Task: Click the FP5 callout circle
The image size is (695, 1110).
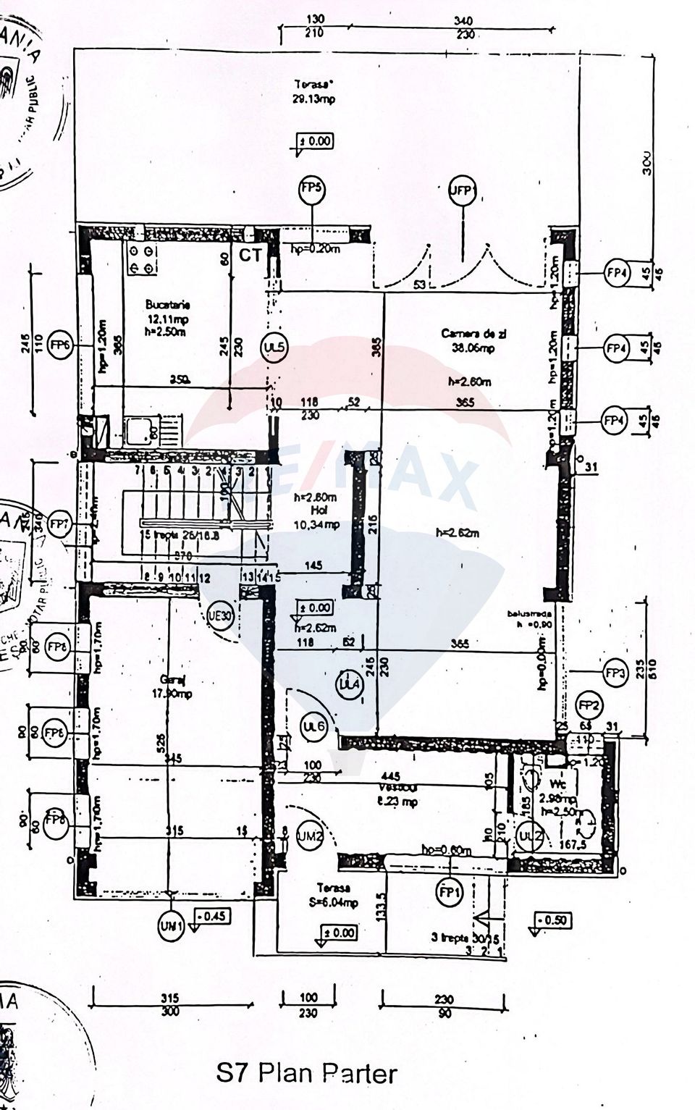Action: (x=312, y=190)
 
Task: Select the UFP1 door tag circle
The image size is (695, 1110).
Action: (x=461, y=191)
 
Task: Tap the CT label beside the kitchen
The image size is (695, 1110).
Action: (x=250, y=256)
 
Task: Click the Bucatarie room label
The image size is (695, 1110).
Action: (x=167, y=304)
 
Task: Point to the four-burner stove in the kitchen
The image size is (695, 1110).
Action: (x=140, y=259)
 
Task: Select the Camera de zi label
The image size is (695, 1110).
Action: (x=473, y=334)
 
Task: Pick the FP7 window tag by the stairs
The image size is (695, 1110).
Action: (x=59, y=523)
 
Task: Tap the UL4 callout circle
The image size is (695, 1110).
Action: (x=350, y=685)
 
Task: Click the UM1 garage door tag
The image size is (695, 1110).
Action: (x=171, y=928)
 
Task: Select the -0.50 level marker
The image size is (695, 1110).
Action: (x=553, y=920)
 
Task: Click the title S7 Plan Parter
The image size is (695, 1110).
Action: (x=307, y=1072)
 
